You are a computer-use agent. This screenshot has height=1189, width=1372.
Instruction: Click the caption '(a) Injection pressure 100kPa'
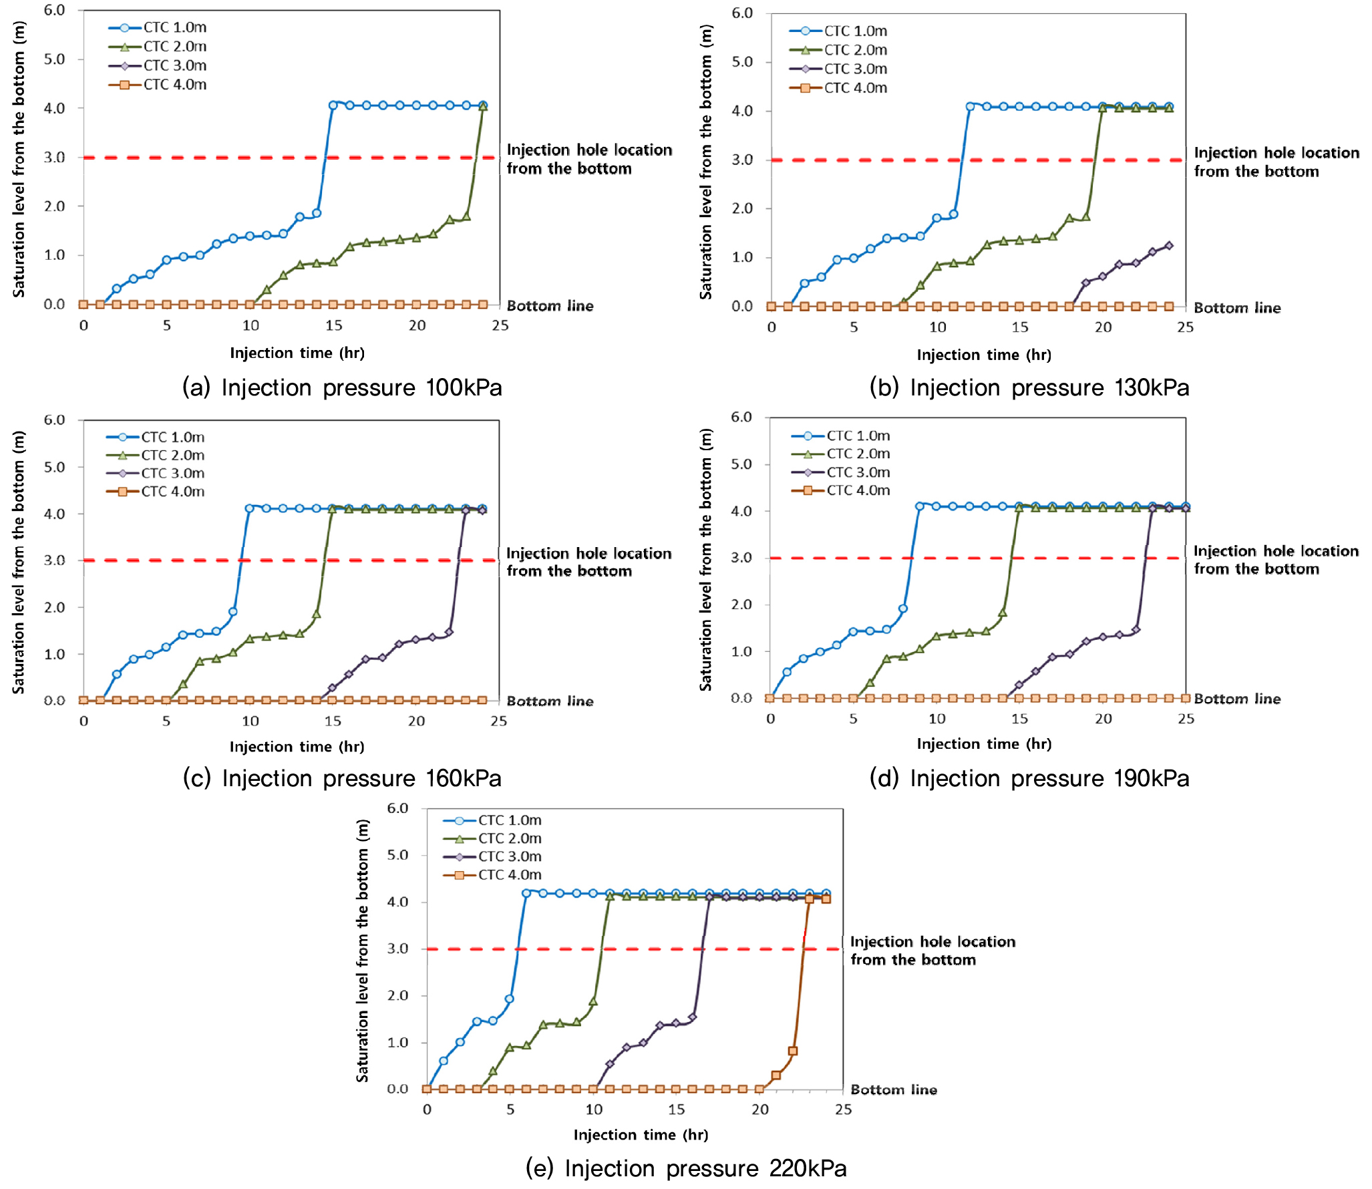point(341,387)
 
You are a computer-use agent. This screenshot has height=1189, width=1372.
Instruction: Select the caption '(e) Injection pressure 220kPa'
point(686,1168)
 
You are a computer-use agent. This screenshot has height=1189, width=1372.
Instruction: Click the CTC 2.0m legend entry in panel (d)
point(841,454)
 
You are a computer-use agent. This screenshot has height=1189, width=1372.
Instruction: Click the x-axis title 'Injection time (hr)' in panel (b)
point(983,355)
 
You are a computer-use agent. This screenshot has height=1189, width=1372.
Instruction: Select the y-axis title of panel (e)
point(362,951)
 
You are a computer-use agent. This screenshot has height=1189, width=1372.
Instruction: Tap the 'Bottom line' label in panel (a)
point(550,306)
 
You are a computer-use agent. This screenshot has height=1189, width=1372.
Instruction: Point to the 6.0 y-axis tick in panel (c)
point(55,420)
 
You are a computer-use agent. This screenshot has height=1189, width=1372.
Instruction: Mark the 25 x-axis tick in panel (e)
point(844,1109)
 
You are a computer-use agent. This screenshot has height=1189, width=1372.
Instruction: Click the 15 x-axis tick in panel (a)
point(333,325)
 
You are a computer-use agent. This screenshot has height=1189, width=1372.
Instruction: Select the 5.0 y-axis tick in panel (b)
point(742,62)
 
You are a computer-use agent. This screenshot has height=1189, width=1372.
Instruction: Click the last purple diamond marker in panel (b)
point(1169,245)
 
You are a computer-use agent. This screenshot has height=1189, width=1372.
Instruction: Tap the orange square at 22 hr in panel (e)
point(793,1051)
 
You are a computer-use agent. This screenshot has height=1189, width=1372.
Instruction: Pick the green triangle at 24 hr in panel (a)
point(483,107)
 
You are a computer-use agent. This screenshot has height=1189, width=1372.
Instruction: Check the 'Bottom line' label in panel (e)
point(893,1089)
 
